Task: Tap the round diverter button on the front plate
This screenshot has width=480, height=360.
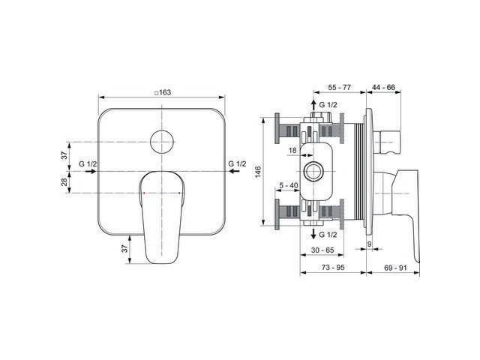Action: pos(162,142)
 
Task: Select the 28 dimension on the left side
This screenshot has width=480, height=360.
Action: pos(64,181)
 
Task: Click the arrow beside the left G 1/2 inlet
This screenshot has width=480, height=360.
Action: pos(91,171)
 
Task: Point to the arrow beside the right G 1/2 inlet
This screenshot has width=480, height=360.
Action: pos(235,171)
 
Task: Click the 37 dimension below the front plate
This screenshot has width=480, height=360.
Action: pos(124,249)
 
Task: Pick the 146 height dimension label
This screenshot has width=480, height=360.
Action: pos(258,172)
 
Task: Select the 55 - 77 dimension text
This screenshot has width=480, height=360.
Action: pos(340,88)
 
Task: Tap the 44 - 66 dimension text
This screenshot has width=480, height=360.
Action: pos(383,88)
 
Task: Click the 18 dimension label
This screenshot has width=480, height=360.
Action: pos(292,150)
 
